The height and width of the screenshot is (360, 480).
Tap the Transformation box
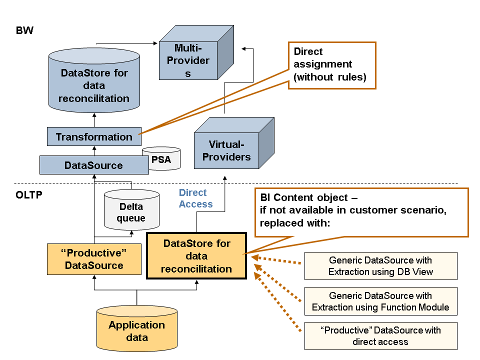(x=94, y=137)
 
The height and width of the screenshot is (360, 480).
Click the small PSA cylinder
(x=161, y=159)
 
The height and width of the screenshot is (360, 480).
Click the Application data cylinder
(x=136, y=330)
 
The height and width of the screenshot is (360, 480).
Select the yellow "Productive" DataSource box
(x=93, y=259)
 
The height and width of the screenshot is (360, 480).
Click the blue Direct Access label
(x=195, y=198)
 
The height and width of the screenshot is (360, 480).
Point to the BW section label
(x=24, y=31)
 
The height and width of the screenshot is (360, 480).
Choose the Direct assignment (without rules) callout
(x=331, y=65)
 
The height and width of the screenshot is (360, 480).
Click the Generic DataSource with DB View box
(x=380, y=266)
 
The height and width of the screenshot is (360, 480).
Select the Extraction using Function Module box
(x=380, y=301)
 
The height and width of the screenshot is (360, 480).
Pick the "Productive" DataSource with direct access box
(x=380, y=335)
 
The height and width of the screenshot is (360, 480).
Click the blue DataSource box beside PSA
(x=94, y=165)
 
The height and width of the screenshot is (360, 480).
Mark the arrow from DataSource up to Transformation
(x=94, y=150)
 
